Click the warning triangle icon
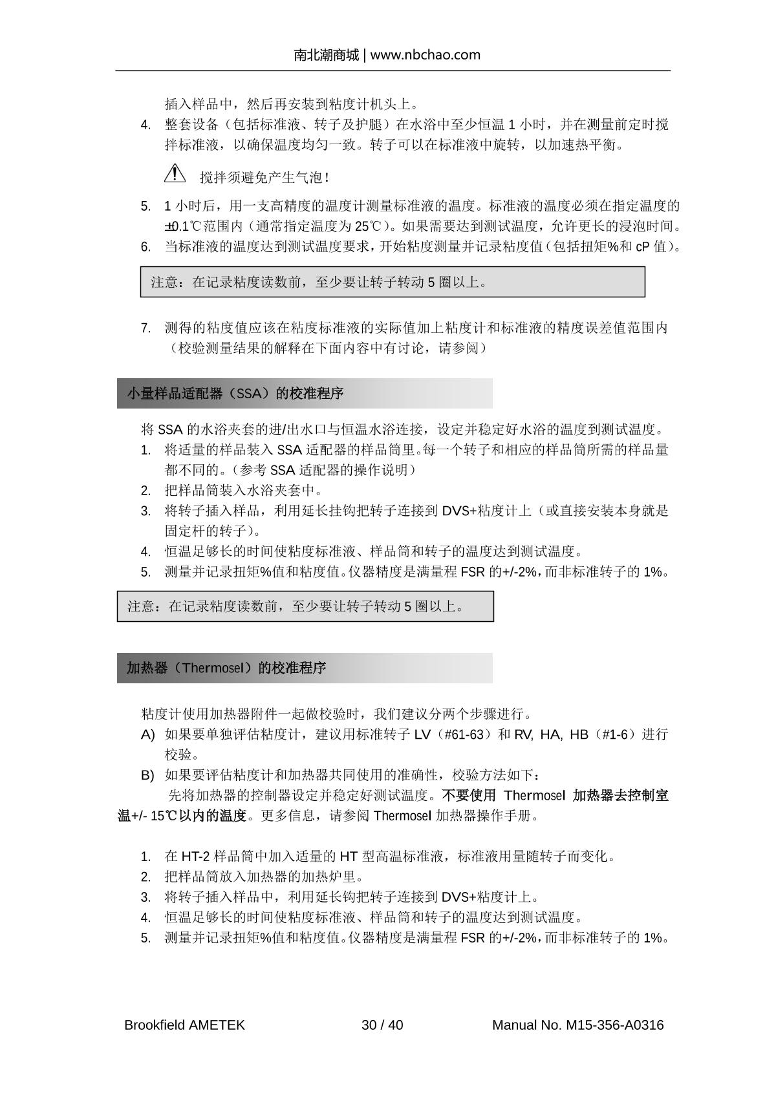coord(175,173)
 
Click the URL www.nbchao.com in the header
coord(425,55)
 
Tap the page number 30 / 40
coord(382,1025)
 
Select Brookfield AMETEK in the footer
coord(184,1025)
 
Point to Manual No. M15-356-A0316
coord(577,1025)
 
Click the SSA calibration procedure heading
coord(235,393)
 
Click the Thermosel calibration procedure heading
coord(226,668)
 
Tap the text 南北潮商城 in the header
coord(326,55)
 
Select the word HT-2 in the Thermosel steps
coord(194,857)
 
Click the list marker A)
coord(148,734)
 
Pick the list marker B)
coord(148,775)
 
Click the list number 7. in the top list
coord(146,328)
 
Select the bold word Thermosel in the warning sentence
coord(534,795)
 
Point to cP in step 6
coord(643,247)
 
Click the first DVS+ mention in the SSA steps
coord(459,511)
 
